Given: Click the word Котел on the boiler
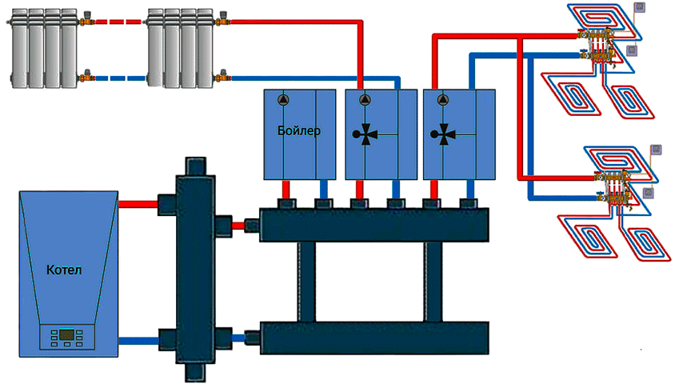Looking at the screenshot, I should coord(64,270).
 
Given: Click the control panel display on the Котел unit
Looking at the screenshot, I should coord(67,333).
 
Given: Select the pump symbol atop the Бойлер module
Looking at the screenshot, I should coord(285,100).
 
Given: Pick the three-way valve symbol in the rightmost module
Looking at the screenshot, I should coord(444,134).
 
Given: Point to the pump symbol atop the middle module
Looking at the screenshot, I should coord(365,100).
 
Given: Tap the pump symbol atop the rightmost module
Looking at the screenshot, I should coord(444,100).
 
